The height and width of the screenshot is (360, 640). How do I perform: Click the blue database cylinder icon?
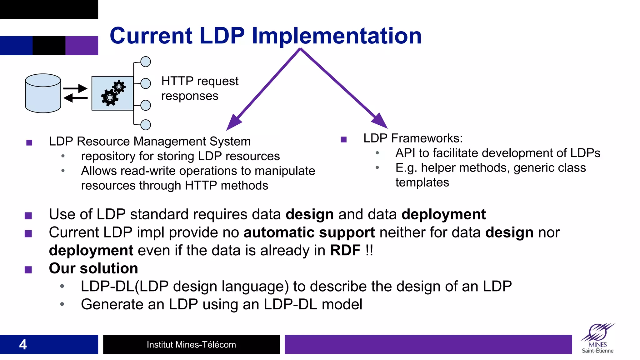[43, 93]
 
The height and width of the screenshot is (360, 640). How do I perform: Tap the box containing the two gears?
[112, 93]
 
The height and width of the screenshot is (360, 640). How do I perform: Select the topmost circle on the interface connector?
[146, 62]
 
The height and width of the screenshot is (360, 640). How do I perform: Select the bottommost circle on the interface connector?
[146, 125]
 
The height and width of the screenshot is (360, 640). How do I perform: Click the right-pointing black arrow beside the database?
[75, 88]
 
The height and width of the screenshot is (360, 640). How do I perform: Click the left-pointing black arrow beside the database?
[75, 98]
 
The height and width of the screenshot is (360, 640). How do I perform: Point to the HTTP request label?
[200, 81]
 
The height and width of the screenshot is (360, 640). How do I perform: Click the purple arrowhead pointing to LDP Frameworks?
[380, 121]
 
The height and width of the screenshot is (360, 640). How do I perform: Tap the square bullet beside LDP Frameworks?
[344, 139]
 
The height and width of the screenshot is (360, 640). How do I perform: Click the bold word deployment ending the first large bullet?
[443, 215]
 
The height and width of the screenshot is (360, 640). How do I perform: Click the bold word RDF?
[345, 251]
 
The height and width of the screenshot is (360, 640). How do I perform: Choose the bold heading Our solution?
[93, 268]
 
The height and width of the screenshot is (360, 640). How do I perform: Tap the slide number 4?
[23, 344]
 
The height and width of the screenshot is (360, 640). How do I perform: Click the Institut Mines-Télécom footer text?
[191, 345]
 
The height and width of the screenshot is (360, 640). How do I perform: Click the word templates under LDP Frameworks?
[422, 182]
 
